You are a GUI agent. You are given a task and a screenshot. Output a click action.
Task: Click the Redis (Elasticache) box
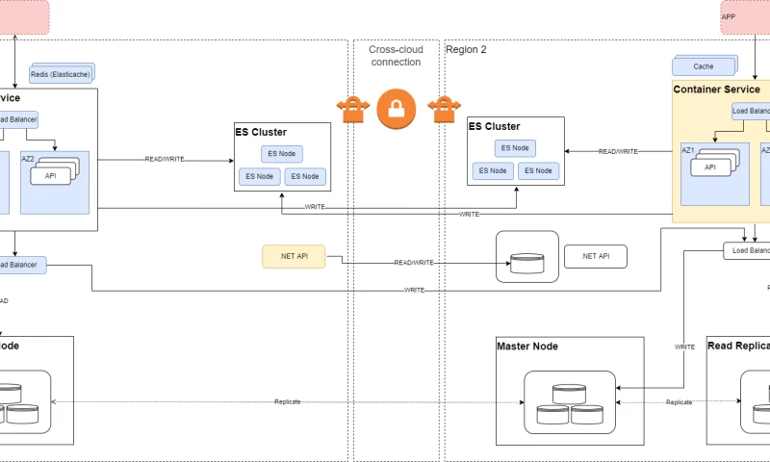point(61,73)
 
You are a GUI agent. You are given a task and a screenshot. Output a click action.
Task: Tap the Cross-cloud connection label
point(395,55)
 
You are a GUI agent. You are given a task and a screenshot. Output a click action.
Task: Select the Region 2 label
point(466,49)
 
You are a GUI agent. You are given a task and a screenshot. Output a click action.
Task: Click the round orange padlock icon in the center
point(396,109)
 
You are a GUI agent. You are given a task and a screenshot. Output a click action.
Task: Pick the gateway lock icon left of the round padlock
point(353,109)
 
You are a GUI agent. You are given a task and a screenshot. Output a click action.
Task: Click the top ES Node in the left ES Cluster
point(281,154)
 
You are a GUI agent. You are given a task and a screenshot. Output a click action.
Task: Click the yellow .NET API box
point(294,256)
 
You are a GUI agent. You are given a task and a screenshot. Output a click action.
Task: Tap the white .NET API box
point(596,256)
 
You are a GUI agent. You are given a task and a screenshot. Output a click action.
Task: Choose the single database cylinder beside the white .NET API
point(527,263)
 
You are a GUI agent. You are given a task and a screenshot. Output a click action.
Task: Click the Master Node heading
point(527,346)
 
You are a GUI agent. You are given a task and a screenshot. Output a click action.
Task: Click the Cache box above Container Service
point(704,67)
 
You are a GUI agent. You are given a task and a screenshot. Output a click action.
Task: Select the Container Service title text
point(716,90)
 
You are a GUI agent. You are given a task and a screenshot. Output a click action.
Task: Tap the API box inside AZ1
point(710,167)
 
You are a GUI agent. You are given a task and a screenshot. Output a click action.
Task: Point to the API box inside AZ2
point(51,175)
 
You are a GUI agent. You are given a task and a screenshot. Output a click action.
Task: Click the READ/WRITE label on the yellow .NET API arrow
point(413,263)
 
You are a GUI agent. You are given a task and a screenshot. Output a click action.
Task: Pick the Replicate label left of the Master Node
point(288,401)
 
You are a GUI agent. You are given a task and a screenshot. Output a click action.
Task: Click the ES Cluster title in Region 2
point(494,126)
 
